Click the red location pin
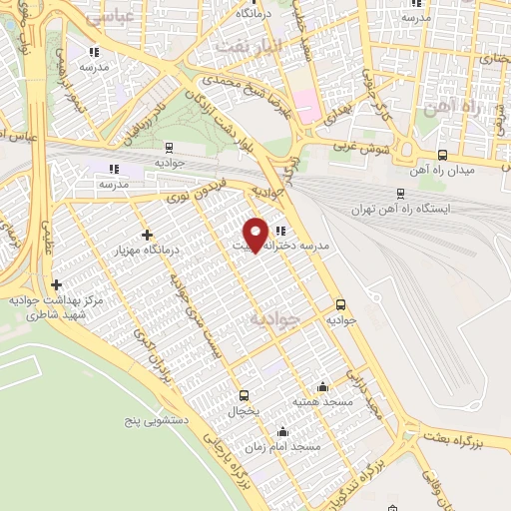(256, 234)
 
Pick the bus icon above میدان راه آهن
(442, 155)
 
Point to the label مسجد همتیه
(319, 400)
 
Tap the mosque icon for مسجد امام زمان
(282, 432)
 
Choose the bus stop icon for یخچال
(244, 395)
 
